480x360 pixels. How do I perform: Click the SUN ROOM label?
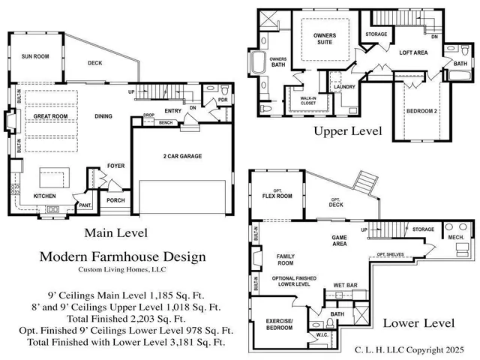(x=36, y=56)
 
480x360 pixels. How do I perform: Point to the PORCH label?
(x=115, y=200)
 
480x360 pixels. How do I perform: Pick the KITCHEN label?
(x=44, y=196)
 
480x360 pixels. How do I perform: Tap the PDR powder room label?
(x=222, y=100)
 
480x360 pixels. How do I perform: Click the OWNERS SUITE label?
(x=325, y=39)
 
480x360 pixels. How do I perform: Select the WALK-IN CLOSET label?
(x=309, y=100)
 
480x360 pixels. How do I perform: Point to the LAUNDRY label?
(x=344, y=87)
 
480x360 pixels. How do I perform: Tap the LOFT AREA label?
(x=413, y=53)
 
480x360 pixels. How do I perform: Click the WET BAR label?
(x=345, y=286)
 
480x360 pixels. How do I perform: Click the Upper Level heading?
(x=347, y=132)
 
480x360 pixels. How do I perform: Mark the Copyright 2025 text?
(x=435, y=349)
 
